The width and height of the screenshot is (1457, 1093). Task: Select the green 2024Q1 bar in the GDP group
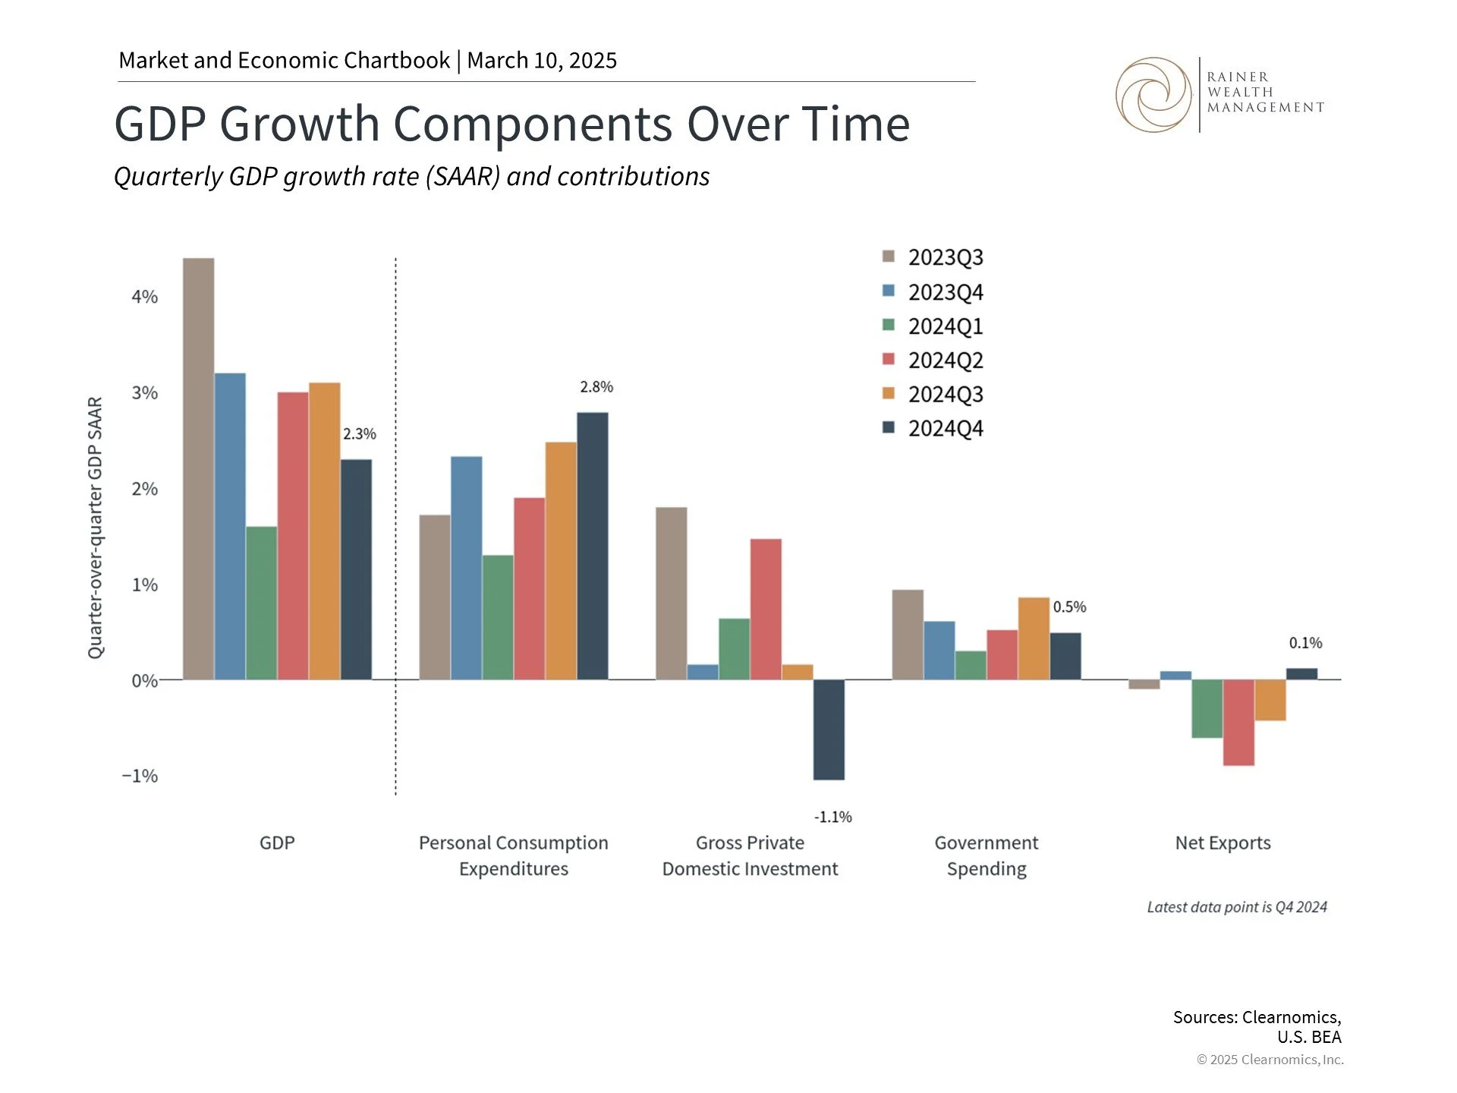(262, 603)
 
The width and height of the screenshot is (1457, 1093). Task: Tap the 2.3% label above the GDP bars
(359, 434)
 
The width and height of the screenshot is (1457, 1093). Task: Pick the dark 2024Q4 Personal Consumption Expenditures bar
(592, 546)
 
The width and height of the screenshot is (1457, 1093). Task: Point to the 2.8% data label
(596, 387)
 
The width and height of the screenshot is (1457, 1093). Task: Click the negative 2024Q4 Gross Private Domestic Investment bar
(829, 729)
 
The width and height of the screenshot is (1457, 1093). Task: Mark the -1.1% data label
(832, 817)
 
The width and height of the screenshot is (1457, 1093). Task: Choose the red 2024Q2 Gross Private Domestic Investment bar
(766, 609)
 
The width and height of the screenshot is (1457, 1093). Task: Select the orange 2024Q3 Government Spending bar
(1034, 638)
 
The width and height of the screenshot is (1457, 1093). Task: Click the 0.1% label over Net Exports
(1305, 643)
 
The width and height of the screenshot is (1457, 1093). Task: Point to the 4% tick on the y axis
(144, 297)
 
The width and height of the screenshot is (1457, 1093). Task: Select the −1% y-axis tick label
(140, 776)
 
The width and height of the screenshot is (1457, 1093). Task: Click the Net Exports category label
(1223, 843)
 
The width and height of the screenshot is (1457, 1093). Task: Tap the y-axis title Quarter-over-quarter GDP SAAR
(95, 528)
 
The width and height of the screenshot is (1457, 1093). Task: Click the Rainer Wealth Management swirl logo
(1153, 95)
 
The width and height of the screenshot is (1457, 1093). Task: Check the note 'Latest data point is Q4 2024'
(1236, 907)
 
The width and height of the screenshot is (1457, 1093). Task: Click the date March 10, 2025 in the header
(542, 61)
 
